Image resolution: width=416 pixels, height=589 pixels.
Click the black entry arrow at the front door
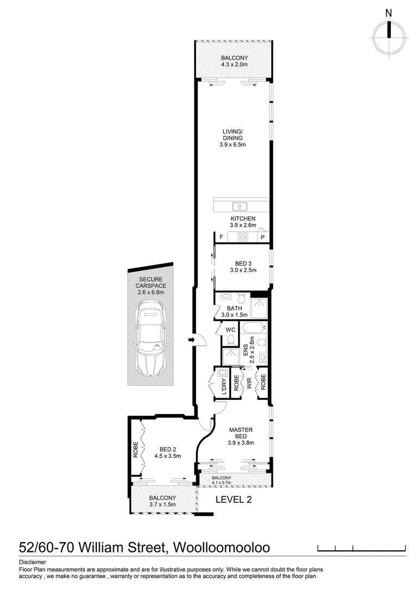191,340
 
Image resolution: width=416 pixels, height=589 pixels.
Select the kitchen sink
240,206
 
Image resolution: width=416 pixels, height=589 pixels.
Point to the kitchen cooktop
243,237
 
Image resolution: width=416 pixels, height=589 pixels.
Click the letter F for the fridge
221,237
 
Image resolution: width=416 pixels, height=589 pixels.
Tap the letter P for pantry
262,237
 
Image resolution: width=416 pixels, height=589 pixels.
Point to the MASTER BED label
238,432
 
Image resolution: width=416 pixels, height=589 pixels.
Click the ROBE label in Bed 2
135,449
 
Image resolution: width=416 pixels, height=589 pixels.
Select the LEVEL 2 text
234,499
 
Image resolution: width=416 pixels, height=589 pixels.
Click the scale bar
362,547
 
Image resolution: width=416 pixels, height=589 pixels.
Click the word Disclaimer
33,562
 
